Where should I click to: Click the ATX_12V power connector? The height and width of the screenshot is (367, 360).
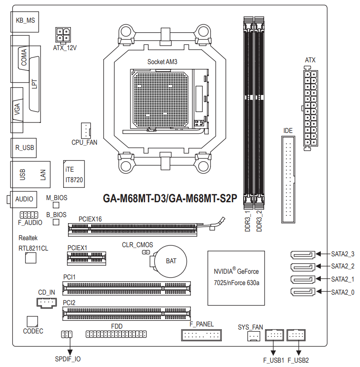[63, 34]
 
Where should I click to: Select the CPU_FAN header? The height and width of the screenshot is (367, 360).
[85, 130]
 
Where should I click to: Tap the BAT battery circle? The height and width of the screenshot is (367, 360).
[171, 261]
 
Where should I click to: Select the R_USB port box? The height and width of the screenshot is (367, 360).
[24, 148]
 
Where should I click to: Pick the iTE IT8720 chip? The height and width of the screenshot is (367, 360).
[74, 173]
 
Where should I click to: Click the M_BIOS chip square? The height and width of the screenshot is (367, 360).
[56, 205]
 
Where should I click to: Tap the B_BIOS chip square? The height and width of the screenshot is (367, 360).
[56, 222]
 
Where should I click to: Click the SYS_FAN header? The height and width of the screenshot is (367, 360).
[253, 336]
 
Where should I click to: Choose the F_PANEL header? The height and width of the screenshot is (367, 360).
[201, 335]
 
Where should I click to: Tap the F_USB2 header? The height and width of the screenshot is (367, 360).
[298, 335]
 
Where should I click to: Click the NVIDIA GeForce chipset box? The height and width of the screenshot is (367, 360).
[236, 278]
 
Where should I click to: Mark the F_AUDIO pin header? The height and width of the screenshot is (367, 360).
[29, 215]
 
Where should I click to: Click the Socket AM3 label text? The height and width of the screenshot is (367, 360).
[162, 62]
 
